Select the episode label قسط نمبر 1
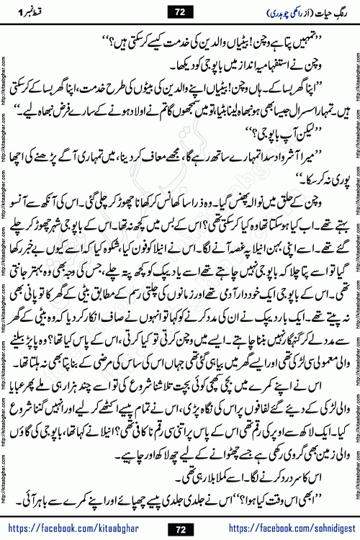pyautogui.click(x=33, y=12)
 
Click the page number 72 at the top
pyautogui.click(x=180, y=12)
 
